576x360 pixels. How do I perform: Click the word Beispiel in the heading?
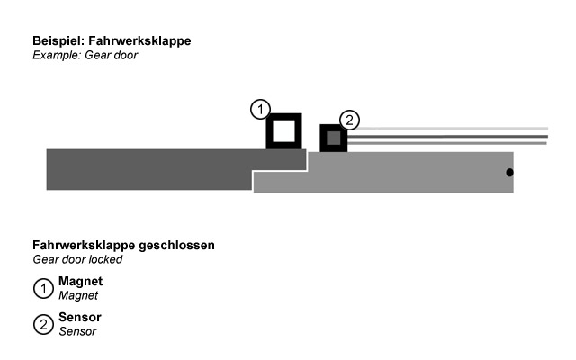point(58,41)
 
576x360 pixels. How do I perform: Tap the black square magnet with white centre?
point(283,131)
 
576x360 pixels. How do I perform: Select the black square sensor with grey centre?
point(334,139)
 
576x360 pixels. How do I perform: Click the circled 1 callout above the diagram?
point(259,110)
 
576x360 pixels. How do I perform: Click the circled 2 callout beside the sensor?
point(350,119)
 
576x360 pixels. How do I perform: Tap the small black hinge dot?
point(509,172)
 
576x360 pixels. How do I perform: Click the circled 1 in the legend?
point(43,289)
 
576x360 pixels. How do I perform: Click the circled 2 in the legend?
point(43,325)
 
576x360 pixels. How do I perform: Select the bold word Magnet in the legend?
point(80,282)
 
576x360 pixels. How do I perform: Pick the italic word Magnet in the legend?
point(77,295)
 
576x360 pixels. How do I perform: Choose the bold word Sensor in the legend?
point(79,318)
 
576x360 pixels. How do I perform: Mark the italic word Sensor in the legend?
point(76,331)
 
